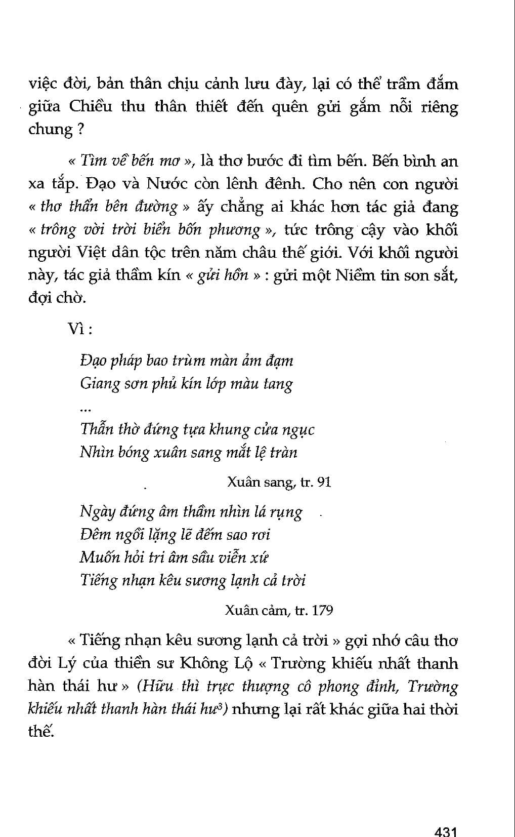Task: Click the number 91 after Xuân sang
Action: coord(324,482)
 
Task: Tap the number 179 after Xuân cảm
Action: coord(322,610)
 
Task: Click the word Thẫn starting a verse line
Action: coord(97,429)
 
